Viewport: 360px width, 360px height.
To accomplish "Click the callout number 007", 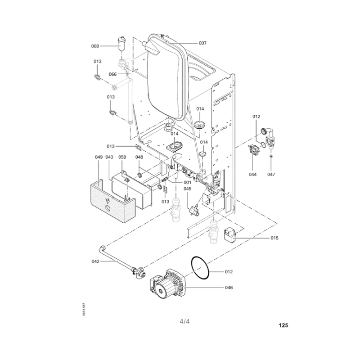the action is click(202, 43).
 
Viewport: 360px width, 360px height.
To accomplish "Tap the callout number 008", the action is click(95, 46).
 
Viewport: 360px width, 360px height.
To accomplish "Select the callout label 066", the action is click(112, 74).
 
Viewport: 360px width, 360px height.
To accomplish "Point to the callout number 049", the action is click(99, 157).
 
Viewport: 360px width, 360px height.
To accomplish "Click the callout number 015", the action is click(274, 238).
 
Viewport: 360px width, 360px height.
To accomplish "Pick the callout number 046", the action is click(229, 288).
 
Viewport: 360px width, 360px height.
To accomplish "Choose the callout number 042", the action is click(95, 261).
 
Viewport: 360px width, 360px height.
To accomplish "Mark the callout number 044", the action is click(253, 174).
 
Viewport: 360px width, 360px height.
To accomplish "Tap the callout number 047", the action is click(271, 174).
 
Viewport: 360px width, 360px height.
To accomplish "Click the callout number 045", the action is click(187, 189).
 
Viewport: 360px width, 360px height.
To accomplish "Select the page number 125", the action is click(283, 325).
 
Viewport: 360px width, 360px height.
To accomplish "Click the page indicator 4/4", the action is click(184, 321).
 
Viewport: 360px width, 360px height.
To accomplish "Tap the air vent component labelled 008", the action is click(121, 44).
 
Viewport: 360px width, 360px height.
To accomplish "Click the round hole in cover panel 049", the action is click(107, 209).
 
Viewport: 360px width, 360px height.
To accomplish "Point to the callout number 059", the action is click(122, 157).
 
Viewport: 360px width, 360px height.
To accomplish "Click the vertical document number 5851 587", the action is click(84, 309).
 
